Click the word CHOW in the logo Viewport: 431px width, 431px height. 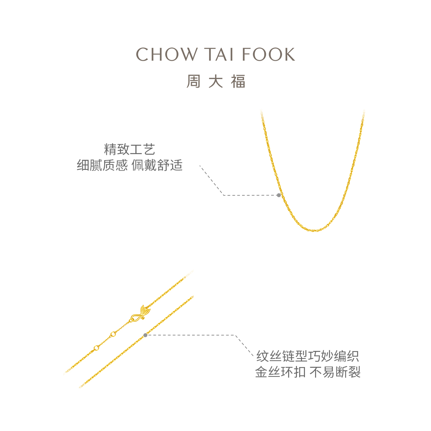coord(166,55)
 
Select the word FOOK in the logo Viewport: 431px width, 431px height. coord(268,55)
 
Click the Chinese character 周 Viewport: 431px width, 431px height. coord(193,82)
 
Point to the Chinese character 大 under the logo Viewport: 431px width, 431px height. coord(215,82)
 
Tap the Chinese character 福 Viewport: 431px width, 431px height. coord(238,82)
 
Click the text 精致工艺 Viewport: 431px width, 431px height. coord(129,149)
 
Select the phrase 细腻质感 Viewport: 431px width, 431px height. coord(102,166)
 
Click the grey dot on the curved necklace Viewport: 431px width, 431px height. coord(279,195)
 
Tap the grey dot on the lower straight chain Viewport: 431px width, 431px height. coord(145,335)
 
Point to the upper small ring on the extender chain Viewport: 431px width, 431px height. coord(113,334)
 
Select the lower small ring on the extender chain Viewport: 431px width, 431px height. coord(96,348)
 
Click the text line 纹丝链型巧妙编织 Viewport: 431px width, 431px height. coord(308,357)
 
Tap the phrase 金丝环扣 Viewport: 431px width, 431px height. coord(280,372)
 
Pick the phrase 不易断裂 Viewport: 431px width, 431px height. coord(335,372)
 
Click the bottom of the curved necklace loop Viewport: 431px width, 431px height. coord(315,230)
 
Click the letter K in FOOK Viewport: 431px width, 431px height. coord(289,55)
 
